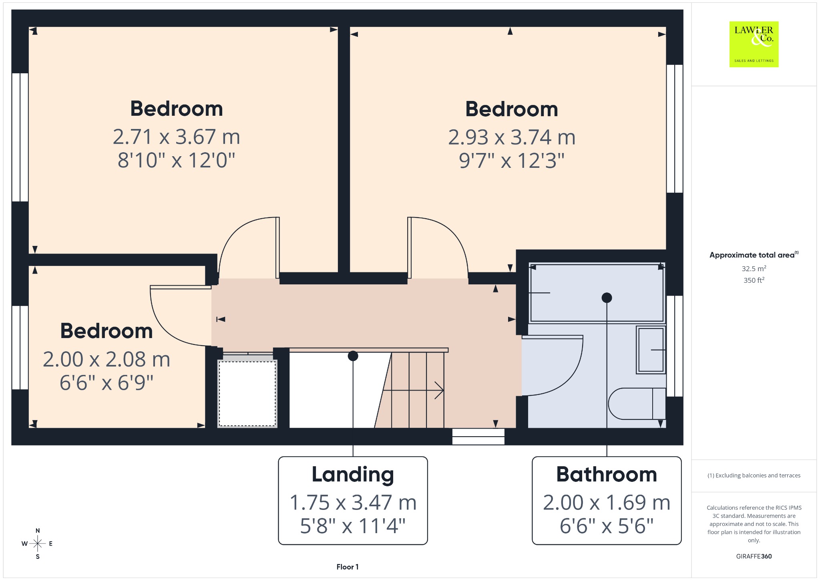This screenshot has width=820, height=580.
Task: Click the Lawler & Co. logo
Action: [754, 44]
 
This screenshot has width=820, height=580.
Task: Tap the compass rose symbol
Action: [38, 544]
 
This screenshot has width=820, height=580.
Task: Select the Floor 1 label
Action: [348, 567]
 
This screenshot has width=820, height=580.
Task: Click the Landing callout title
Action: [353, 475]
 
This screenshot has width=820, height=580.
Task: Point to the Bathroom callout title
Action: [607, 474]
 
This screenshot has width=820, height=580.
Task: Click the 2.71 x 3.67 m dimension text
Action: [176, 137]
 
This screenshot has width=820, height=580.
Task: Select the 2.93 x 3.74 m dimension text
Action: [512, 137]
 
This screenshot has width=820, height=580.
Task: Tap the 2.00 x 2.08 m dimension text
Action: [107, 359]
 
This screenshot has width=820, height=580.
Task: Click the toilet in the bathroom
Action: [637, 403]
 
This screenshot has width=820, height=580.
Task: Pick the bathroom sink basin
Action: [651, 350]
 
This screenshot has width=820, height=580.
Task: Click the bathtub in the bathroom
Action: [597, 293]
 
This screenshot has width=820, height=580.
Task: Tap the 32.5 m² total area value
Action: [754, 268]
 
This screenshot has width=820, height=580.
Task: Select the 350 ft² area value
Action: [754, 280]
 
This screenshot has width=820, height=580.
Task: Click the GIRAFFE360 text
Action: [754, 556]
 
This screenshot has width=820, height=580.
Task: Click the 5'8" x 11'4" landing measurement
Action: [353, 526]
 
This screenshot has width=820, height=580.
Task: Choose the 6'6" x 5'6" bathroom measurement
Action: [607, 526]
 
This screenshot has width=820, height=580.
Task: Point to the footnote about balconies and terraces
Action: [754, 475]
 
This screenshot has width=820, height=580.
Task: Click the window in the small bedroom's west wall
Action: [20, 348]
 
